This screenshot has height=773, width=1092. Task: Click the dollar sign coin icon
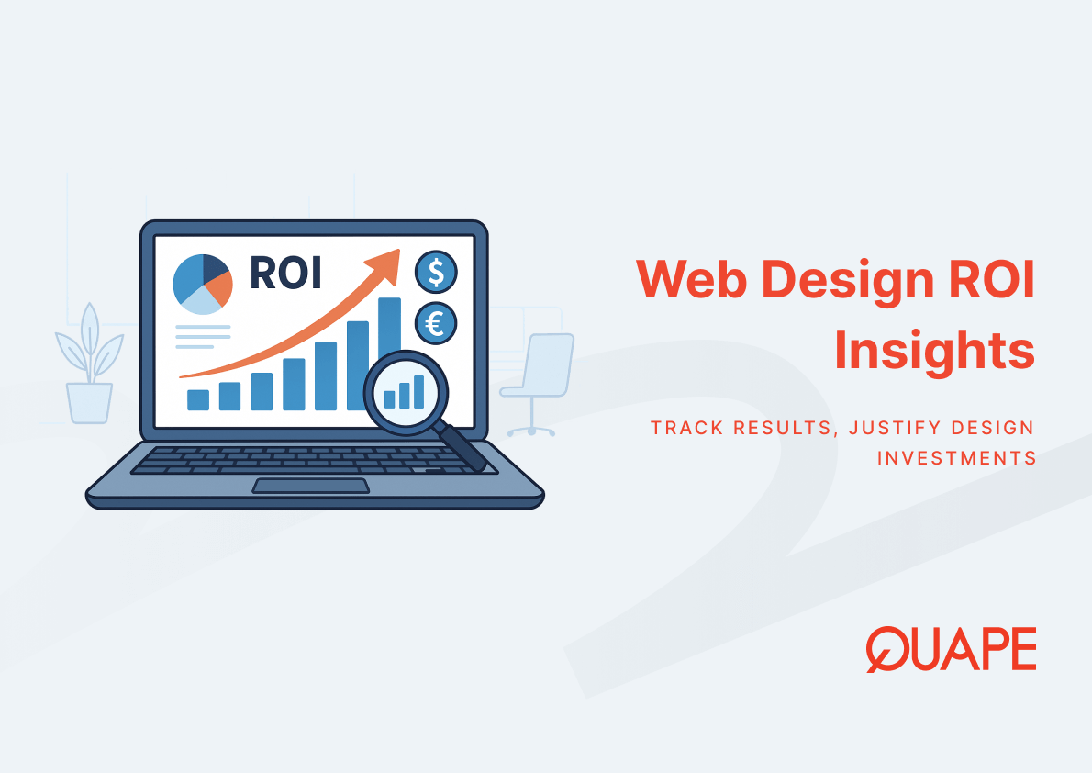coord(436,272)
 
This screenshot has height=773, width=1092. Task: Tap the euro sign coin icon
coord(436,323)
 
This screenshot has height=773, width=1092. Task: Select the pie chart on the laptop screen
coord(203,285)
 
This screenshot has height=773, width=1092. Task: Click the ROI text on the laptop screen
coord(285,273)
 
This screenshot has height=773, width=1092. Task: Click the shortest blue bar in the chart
coord(198,399)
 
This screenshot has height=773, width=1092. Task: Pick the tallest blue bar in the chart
coord(389,328)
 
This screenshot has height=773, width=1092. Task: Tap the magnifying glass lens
coord(406,393)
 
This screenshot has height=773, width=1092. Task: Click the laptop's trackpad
coord(310,486)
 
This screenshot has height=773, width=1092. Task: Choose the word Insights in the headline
coord(934,349)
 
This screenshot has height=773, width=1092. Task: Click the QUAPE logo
coord(952,649)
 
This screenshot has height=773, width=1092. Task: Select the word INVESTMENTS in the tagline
coord(957,458)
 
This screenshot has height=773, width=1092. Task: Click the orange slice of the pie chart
coord(221,288)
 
